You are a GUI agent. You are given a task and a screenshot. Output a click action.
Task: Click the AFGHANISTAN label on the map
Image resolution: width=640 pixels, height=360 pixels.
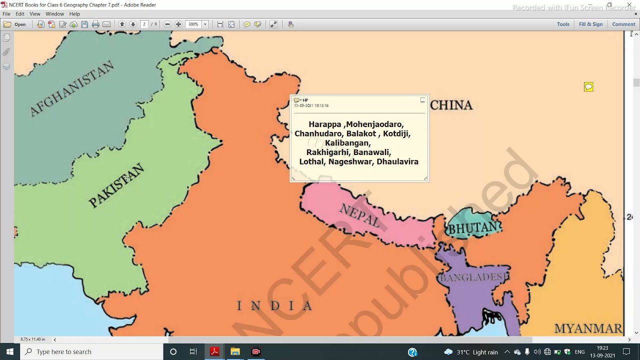click(x=72, y=89)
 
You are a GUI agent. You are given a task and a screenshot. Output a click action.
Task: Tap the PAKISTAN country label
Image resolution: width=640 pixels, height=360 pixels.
click(x=116, y=186)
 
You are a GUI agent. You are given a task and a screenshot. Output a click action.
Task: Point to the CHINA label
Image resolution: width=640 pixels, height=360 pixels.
click(x=451, y=105)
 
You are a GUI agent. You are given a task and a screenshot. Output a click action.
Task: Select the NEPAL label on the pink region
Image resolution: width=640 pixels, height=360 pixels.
click(x=360, y=215)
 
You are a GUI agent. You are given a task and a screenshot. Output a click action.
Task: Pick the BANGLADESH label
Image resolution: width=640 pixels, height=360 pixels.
click(x=473, y=277)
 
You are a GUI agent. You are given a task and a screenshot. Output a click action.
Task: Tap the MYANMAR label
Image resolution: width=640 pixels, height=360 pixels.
click(x=588, y=328)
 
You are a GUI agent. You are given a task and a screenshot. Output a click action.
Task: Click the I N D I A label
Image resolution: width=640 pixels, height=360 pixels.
click(x=275, y=305)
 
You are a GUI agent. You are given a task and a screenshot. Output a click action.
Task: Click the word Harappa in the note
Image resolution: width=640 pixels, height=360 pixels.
click(x=325, y=124)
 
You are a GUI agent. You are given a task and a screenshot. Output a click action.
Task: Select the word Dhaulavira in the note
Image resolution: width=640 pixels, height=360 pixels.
click(x=397, y=161)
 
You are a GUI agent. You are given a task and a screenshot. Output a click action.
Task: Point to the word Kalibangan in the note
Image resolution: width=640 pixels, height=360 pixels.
click(x=348, y=143)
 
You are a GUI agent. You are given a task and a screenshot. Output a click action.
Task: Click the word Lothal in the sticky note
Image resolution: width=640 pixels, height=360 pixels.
click(x=311, y=161)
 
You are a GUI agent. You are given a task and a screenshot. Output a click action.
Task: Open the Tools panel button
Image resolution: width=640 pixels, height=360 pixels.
click(x=563, y=24)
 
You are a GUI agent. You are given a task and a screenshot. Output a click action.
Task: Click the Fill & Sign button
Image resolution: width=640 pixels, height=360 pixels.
click(x=590, y=24)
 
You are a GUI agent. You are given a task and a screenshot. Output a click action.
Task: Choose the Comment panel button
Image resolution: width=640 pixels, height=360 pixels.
click(x=623, y=24)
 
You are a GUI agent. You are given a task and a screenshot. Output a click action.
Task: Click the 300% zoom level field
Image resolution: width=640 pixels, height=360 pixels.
click(x=193, y=24)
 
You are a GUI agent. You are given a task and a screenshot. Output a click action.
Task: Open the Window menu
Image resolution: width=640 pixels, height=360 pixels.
click(x=54, y=14)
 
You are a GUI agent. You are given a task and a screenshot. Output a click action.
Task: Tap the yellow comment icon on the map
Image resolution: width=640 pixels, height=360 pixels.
click(x=588, y=87)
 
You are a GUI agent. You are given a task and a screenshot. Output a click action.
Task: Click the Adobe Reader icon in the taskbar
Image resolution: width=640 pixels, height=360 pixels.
click(x=214, y=351)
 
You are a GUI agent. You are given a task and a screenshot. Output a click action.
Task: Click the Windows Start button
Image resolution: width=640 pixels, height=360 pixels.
click(x=9, y=351)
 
